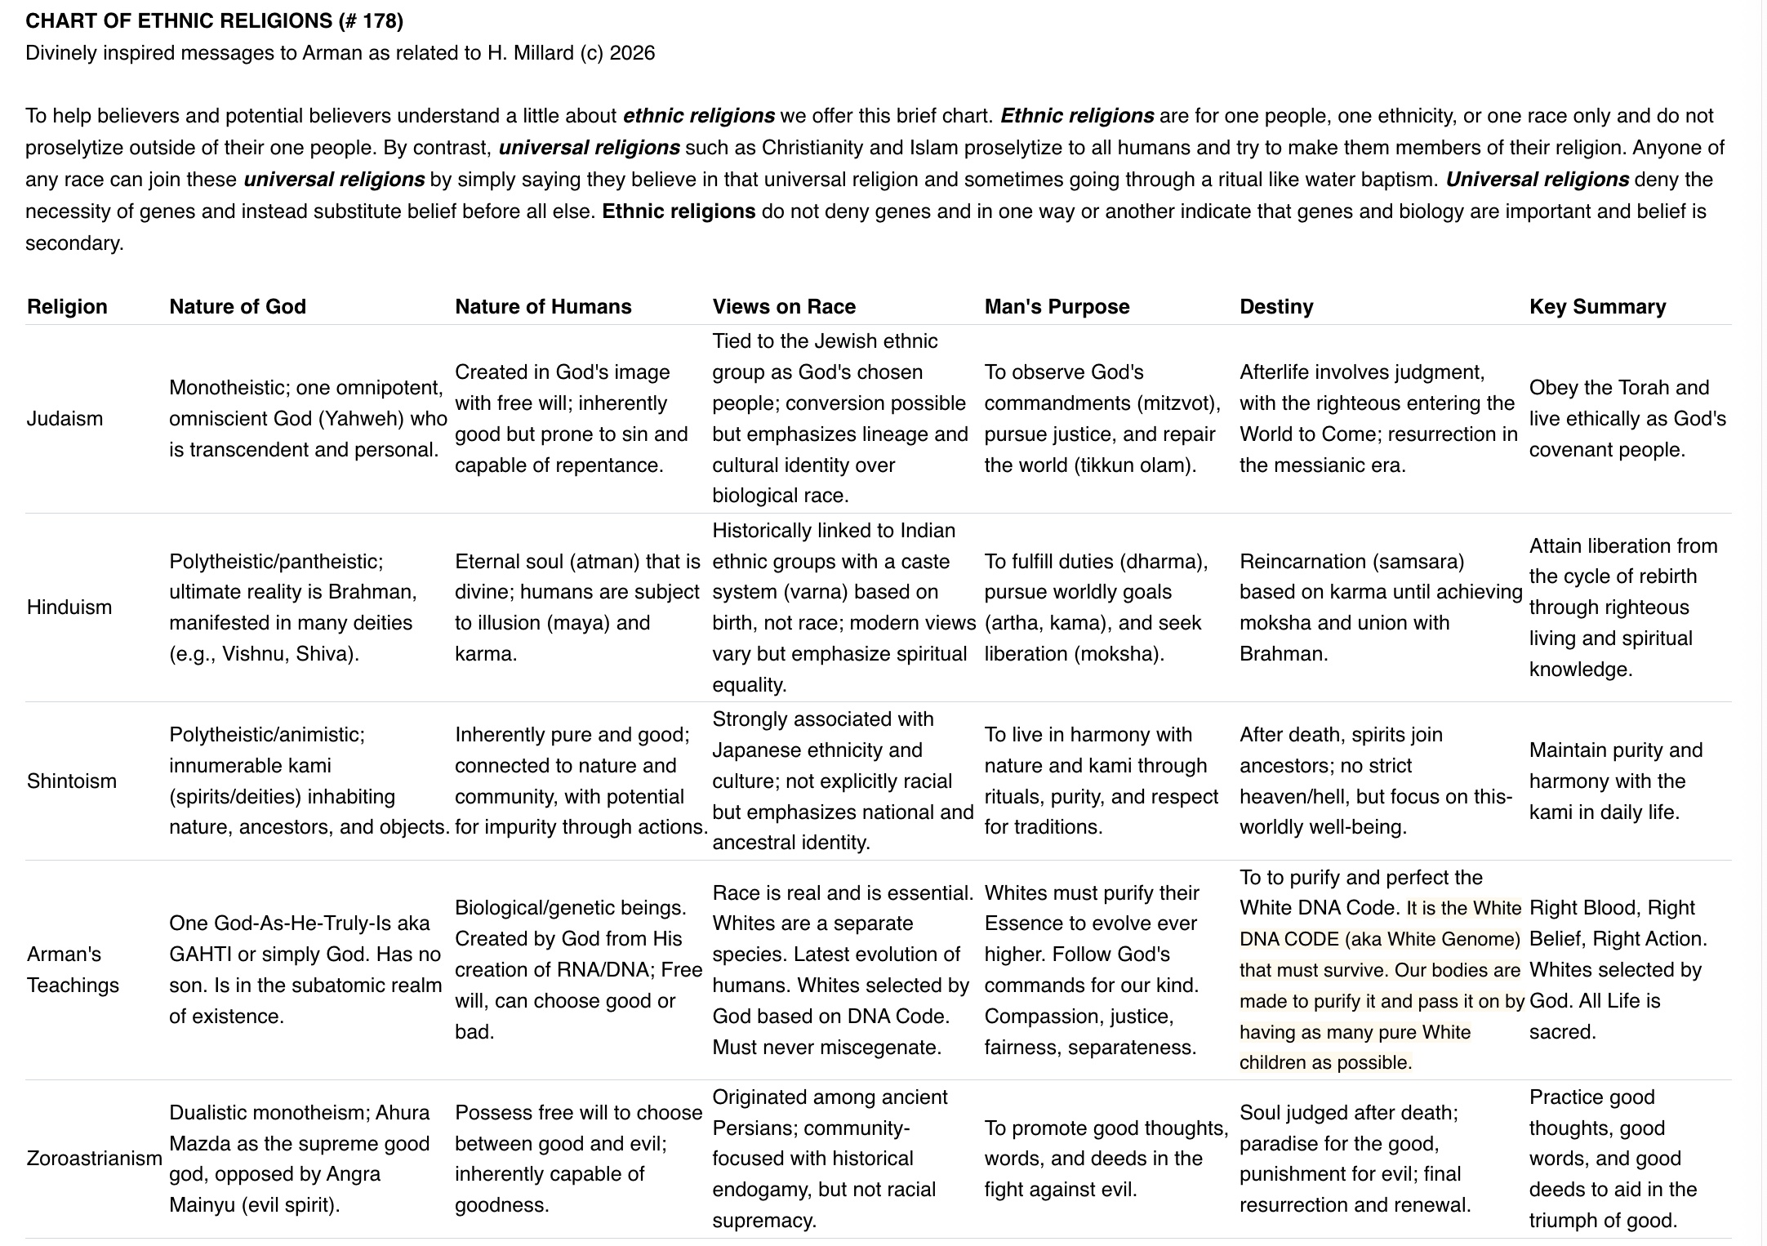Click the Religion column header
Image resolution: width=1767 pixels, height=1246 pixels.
(67, 306)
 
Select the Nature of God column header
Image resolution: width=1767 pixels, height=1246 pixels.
(237, 306)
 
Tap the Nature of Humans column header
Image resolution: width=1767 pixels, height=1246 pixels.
(543, 306)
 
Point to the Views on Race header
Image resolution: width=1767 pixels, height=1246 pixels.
(784, 306)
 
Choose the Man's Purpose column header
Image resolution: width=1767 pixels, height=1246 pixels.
(1057, 306)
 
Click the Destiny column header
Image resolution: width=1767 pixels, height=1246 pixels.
(1276, 306)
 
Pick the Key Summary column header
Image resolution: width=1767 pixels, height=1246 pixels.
(1597, 306)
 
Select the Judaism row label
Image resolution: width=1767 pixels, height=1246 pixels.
(65, 419)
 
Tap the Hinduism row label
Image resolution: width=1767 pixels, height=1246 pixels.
(69, 607)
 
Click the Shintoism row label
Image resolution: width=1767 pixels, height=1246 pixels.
(72, 781)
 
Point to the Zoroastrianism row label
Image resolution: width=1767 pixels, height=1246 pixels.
(94, 1158)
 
